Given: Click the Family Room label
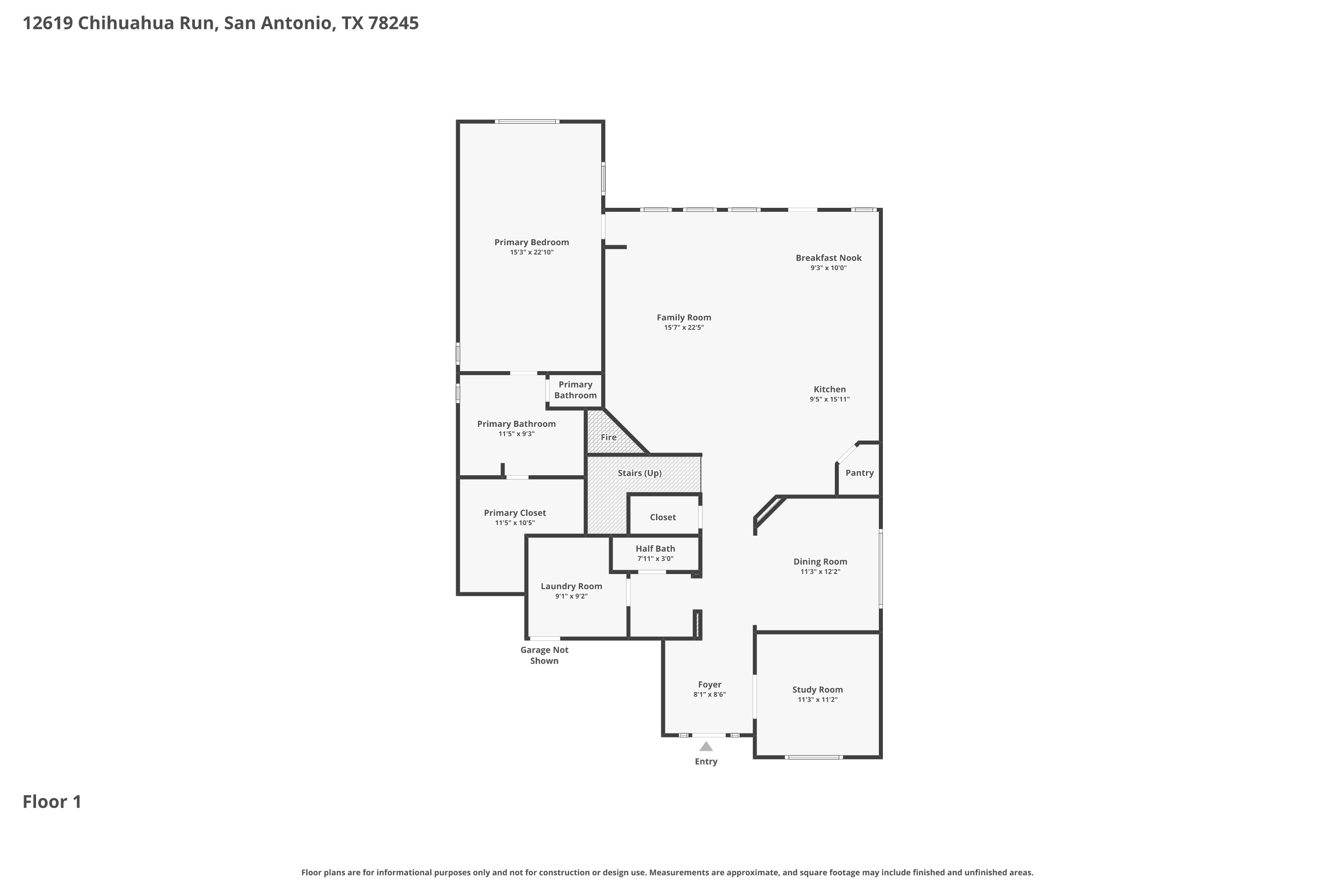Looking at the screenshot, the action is pyautogui.click(x=684, y=317).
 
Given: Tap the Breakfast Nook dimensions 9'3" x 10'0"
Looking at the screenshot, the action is pyautogui.click(x=828, y=268).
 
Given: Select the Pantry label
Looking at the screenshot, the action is pyautogui.click(x=859, y=473).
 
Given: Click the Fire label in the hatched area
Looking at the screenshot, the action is pyautogui.click(x=608, y=437).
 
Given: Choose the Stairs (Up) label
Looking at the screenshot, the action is pyautogui.click(x=640, y=473).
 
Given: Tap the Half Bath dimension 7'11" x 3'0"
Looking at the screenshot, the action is pyautogui.click(x=655, y=558).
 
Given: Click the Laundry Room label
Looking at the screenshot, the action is pyautogui.click(x=571, y=587).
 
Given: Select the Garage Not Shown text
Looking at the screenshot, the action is pyautogui.click(x=544, y=655).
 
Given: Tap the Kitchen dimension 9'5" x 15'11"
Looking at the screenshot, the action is pyautogui.click(x=829, y=399).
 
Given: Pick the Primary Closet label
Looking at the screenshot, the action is pyautogui.click(x=515, y=513).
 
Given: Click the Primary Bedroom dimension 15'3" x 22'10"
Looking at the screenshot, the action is pyautogui.click(x=531, y=252).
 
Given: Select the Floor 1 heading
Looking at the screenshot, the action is pyautogui.click(x=52, y=801).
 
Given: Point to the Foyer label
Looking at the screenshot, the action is pyautogui.click(x=709, y=684).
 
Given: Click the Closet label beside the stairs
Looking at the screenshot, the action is pyautogui.click(x=663, y=517).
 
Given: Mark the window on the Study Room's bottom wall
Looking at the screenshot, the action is pyautogui.click(x=813, y=756).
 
